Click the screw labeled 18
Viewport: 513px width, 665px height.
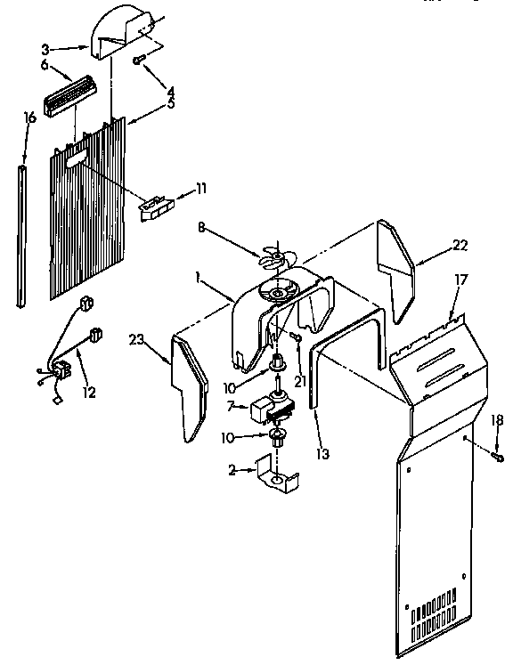498,458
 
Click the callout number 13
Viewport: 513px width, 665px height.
322,453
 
